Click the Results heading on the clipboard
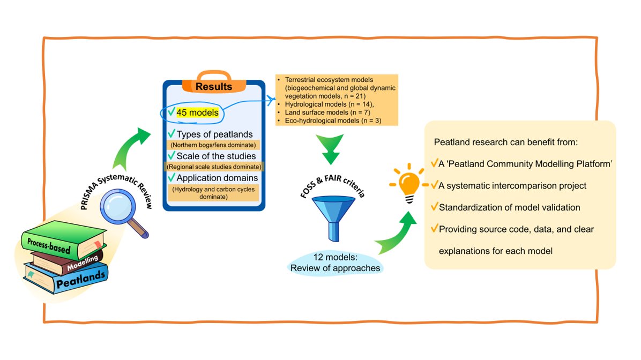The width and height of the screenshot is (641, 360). tap(213, 87)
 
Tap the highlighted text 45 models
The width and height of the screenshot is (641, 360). tap(197, 112)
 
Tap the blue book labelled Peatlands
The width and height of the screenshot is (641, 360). tap(75, 276)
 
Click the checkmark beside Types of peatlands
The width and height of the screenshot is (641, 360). tap(172, 133)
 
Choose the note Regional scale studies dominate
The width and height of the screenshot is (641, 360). tap(214, 167)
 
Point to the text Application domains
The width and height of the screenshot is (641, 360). tap(217, 177)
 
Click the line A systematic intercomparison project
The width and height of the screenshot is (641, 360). tap(512, 186)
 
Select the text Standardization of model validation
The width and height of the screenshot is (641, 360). tap(509, 207)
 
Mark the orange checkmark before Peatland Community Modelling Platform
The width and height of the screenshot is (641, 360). tap(434, 163)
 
